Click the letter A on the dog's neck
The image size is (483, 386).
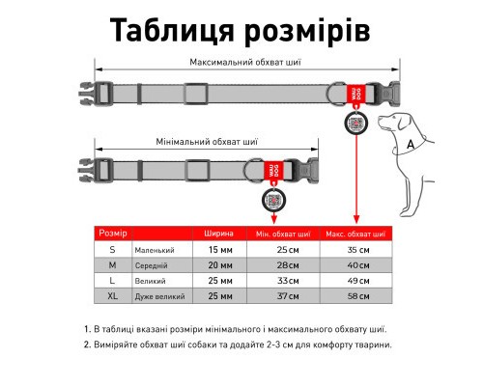[411, 143]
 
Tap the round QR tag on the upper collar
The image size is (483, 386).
[355, 124]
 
